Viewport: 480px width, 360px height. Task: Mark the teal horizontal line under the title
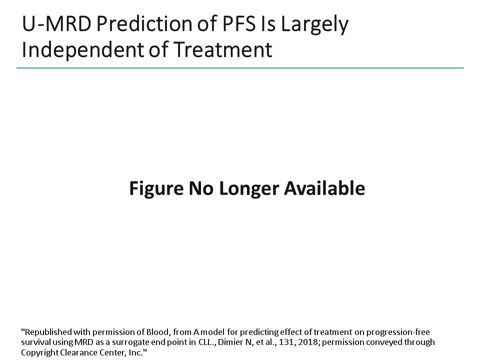pos(240,67)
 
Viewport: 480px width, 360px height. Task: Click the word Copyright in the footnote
pos(38,353)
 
